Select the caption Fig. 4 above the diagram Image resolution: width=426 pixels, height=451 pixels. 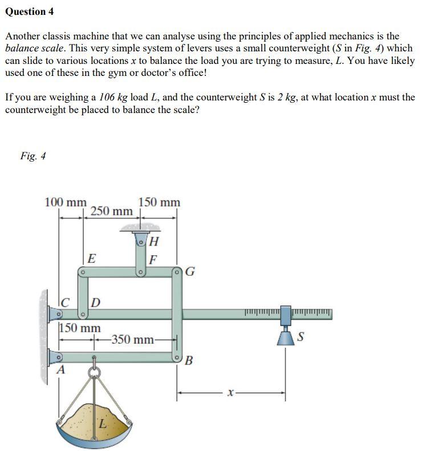(33, 156)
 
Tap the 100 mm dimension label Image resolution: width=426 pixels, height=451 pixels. (66, 202)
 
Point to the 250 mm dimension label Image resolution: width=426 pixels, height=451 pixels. (111, 211)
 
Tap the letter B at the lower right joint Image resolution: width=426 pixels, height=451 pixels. (189, 361)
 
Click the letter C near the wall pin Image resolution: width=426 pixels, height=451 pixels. (66, 301)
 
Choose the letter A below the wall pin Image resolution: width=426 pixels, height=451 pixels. (59, 371)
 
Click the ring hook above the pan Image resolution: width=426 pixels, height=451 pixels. (95, 372)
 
